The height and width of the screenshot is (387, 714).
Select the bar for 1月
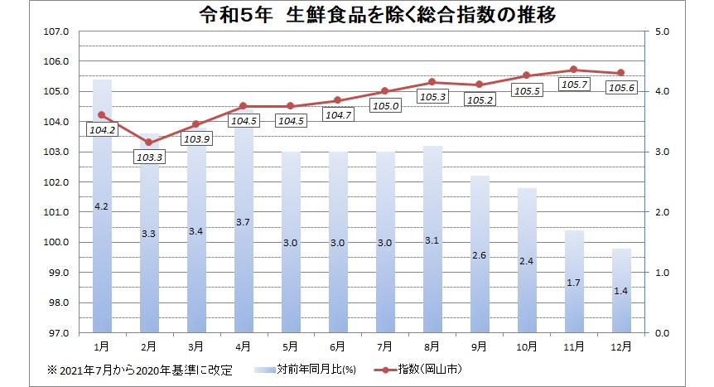pyautogui.click(x=101, y=207)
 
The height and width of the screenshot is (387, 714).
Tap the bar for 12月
pyautogui.click(x=621, y=290)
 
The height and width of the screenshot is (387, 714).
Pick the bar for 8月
pyautogui.click(x=432, y=240)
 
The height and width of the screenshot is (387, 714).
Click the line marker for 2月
pyautogui.click(x=148, y=143)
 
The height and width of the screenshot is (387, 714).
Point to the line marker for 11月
pyautogui.click(x=574, y=70)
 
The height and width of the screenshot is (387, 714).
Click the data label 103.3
pyautogui.click(x=148, y=157)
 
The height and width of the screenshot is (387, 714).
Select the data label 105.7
pyautogui.click(x=574, y=85)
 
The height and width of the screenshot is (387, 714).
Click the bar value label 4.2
pyautogui.click(x=101, y=205)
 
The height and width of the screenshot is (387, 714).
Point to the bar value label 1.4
pyautogui.click(x=621, y=292)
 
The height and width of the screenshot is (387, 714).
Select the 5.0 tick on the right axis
pyautogui.click(x=661, y=31)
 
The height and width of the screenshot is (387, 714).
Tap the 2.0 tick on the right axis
pyautogui.click(x=661, y=212)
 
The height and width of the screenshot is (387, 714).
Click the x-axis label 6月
pyautogui.click(x=338, y=344)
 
